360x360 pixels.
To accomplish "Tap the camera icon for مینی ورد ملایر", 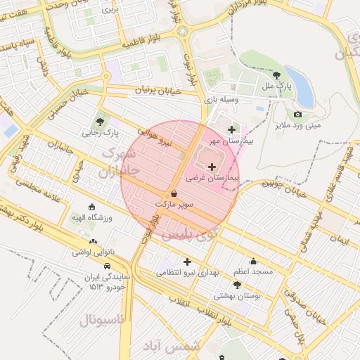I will point(297,114).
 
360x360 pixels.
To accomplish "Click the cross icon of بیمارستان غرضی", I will point(212,167).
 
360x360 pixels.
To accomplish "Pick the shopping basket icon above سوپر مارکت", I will point(174,193).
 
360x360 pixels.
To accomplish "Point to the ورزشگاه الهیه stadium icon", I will point(91,207).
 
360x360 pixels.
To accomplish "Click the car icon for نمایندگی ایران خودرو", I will point(106,266).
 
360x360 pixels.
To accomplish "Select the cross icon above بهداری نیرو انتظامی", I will point(187,261).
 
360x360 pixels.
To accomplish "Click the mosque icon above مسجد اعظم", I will point(253,261).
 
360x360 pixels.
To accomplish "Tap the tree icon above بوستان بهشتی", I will point(237,285).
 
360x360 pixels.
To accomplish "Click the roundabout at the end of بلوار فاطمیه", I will point(183,31).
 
